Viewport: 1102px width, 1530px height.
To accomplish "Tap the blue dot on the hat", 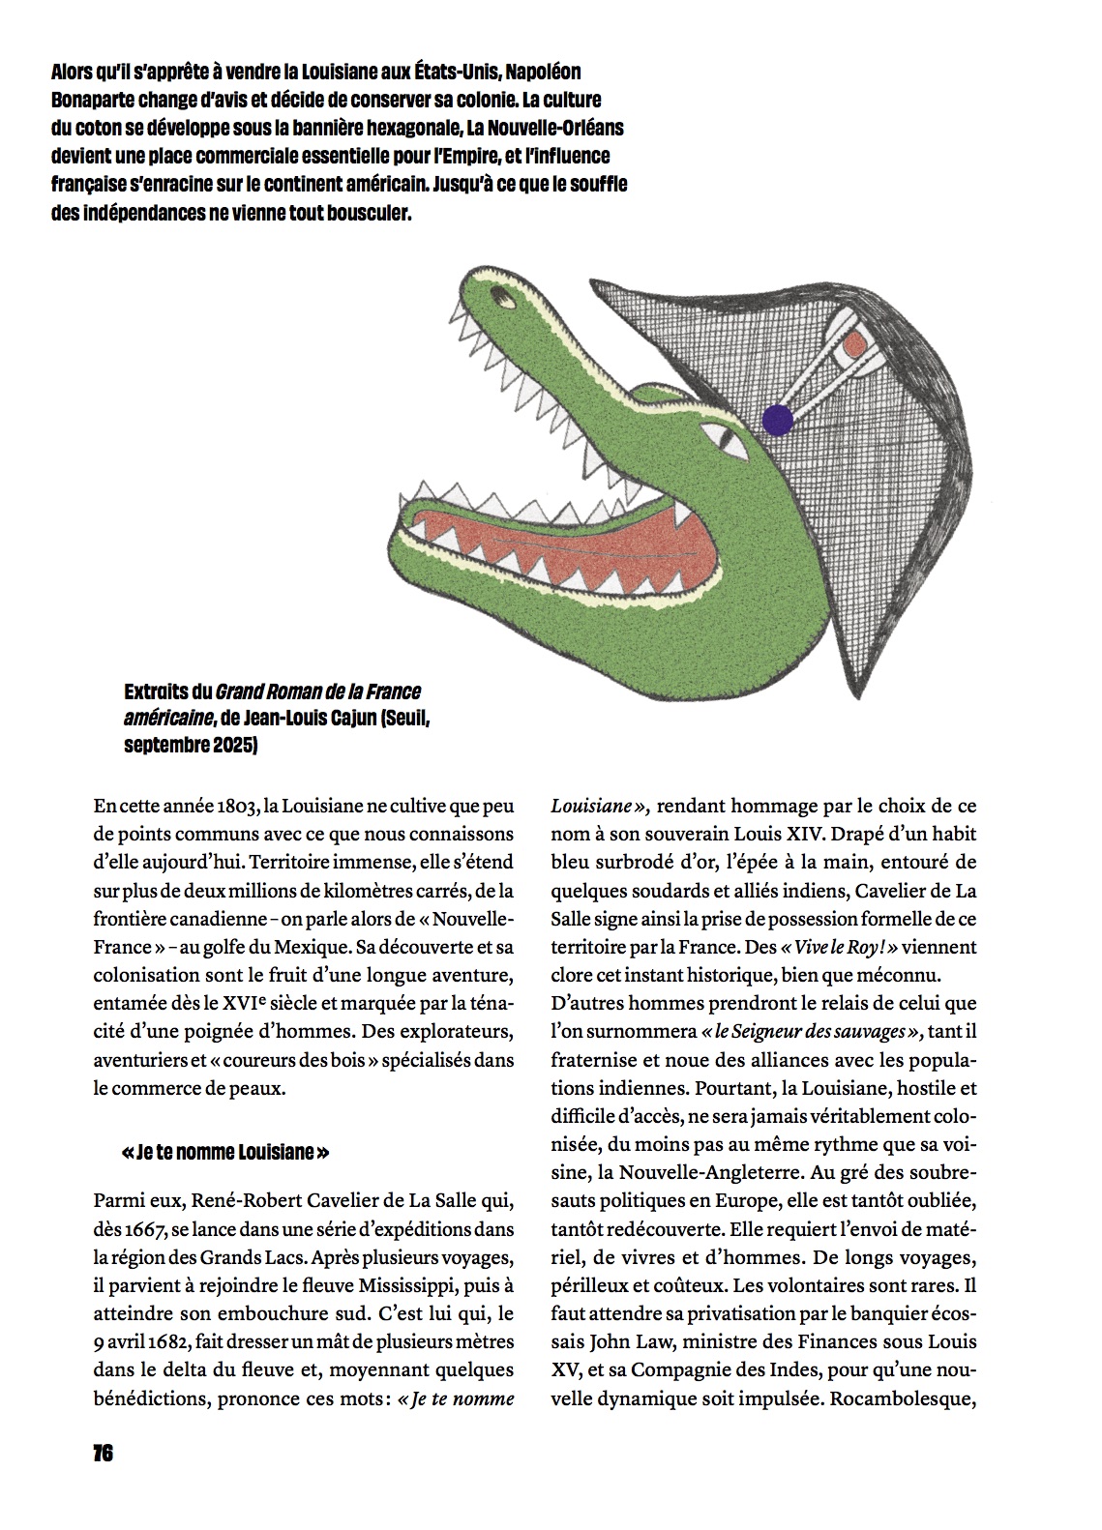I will [777, 419].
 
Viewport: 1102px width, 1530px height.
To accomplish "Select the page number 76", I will [103, 1454].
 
